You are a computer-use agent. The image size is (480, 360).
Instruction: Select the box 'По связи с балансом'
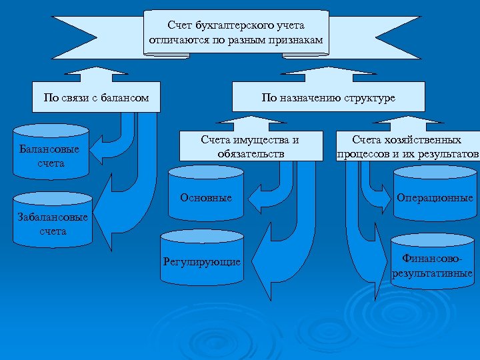coord(96,98)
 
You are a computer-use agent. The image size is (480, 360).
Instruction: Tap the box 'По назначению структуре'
coord(328,98)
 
